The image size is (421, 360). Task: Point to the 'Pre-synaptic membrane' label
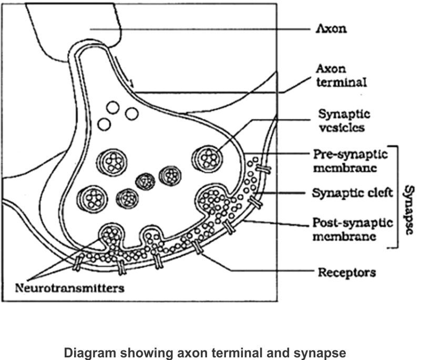350,161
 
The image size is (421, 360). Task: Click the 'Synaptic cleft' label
348,193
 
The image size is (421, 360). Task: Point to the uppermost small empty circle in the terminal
112,108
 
